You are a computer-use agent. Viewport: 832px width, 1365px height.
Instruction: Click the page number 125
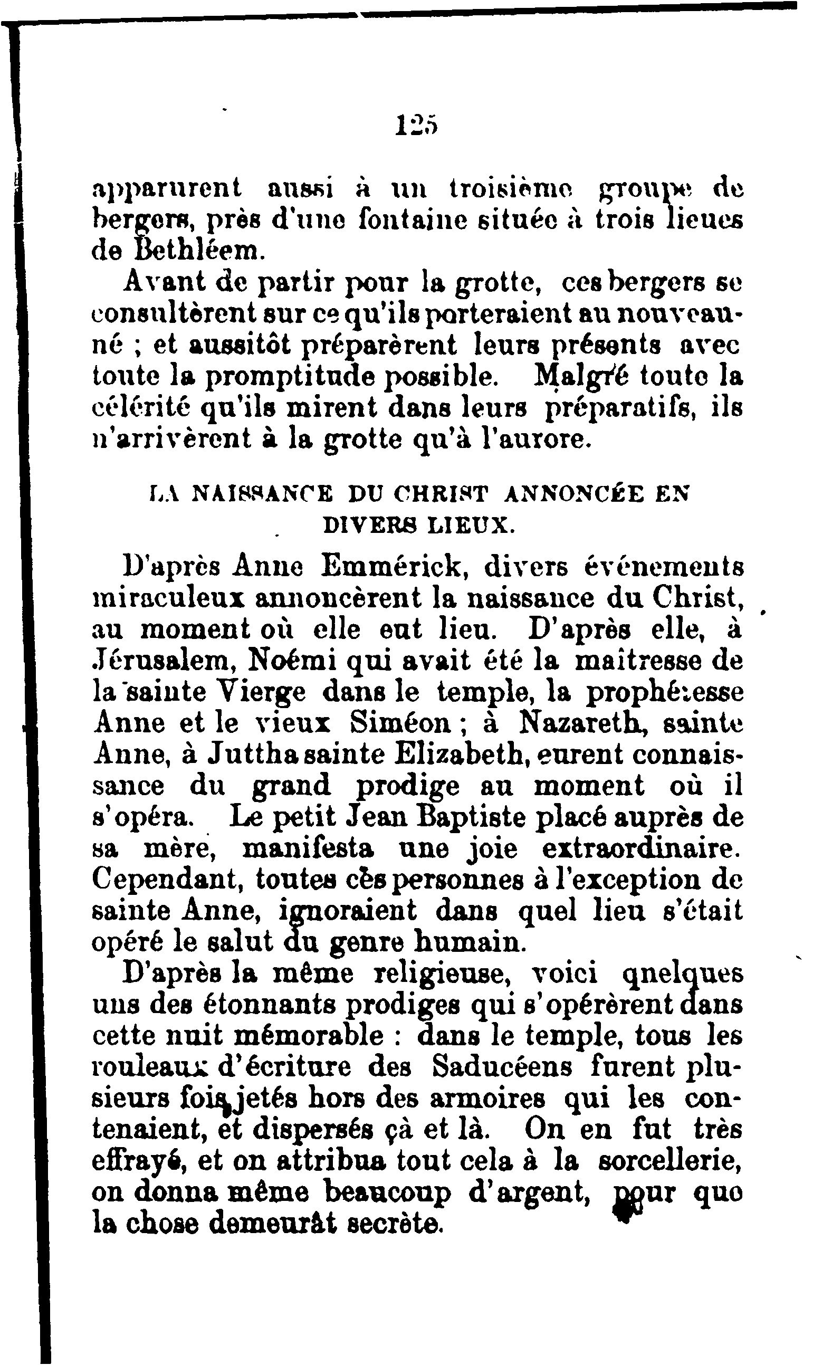pos(417,126)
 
